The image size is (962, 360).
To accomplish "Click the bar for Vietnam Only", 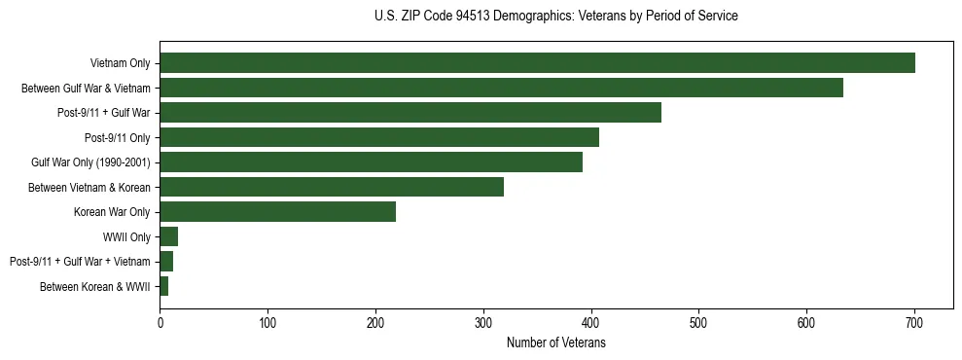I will [x=537, y=63].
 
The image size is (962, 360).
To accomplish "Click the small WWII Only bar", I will [x=169, y=236].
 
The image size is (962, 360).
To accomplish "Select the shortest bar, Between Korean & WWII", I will [x=164, y=286].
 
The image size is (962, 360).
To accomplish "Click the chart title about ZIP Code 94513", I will [x=555, y=17].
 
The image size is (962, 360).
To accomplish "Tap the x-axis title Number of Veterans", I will [x=555, y=343].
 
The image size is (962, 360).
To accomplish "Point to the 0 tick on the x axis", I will [x=160, y=324].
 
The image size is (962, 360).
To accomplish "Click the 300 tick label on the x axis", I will [x=483, y=324].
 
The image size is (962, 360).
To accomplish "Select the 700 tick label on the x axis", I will [x=914, y=324].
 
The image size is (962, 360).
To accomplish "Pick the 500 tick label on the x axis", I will [x=698, y=324].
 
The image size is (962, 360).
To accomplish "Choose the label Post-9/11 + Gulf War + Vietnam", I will [x=80, y=262].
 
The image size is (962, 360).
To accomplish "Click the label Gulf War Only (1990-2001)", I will [x=90, y=162].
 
